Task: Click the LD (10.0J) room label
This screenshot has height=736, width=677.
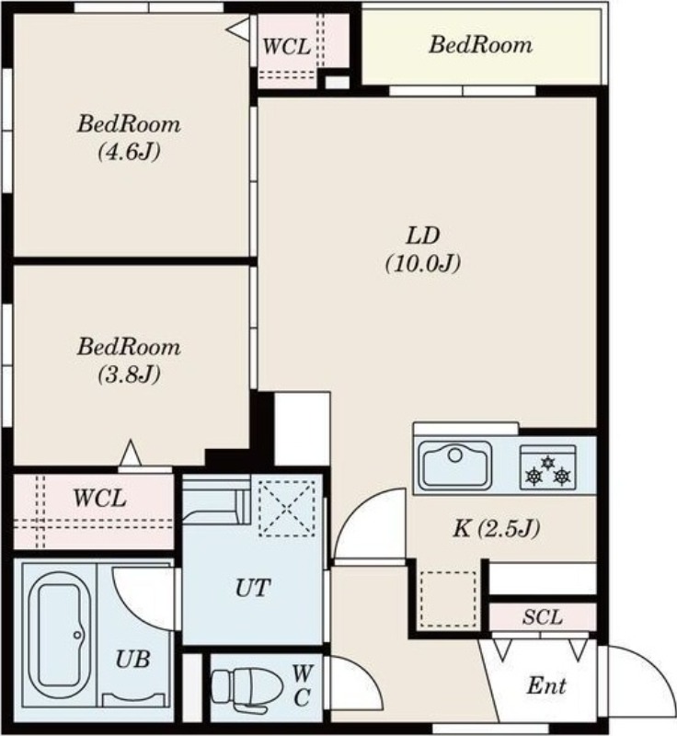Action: click(423, 249)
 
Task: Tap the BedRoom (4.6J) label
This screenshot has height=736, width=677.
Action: click(129, 137)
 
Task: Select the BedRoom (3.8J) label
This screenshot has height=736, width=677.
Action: click(129, 361)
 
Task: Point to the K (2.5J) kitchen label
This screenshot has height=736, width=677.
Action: click(496, 528)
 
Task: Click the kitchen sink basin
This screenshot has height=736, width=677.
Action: click(455, 466)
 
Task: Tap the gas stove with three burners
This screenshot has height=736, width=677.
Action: click(548, 467)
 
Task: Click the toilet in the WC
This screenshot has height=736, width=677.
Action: click(247, 687)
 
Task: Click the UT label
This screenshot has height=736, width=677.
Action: click(253, 588)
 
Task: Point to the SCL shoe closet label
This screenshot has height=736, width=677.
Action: click(543, 617)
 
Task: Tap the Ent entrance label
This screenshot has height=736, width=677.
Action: click(546, 686)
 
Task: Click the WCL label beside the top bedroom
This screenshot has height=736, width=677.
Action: click(286, 47)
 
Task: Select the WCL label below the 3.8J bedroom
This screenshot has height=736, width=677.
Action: click(99, 498)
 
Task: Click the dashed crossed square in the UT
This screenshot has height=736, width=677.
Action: click(287, 509)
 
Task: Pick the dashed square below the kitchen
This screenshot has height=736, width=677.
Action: click(448, 599)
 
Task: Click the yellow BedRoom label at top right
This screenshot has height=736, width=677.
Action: click(480, 45)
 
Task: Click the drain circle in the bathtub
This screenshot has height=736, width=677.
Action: click(77, 635)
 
